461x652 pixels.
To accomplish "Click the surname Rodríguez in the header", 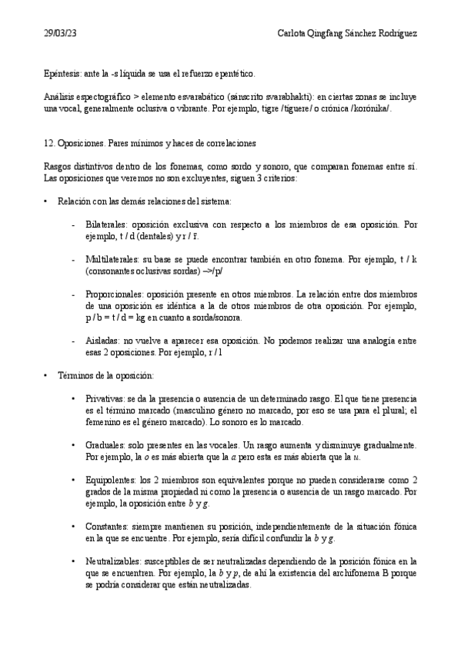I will point(396,33).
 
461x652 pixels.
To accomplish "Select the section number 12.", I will point(49,144).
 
